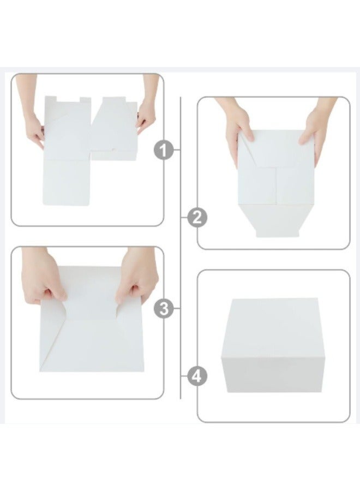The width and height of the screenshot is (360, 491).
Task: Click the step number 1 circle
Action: pyautogui.click(x=163, y=151)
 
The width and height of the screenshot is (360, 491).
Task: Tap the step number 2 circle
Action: pyautogui.click(x=197, y=217)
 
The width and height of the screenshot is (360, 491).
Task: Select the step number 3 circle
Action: pyautogui.click(x=163, y=308)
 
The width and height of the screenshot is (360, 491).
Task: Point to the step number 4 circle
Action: pyautogui.click(x=197, y=376)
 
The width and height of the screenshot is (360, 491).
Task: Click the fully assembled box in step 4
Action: pyautogui.click(x=273, y=345)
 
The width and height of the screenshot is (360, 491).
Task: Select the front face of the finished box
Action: pyautogui.click(x=273, y=374)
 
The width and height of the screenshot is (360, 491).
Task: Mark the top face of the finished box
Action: pyautogui.click(x=274, y=327)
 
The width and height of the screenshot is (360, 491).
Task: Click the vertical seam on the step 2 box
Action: pyautogui.click(x=276, y=185)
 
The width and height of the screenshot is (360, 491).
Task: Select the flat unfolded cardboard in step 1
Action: pyautogui.click(x=90, y=151)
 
